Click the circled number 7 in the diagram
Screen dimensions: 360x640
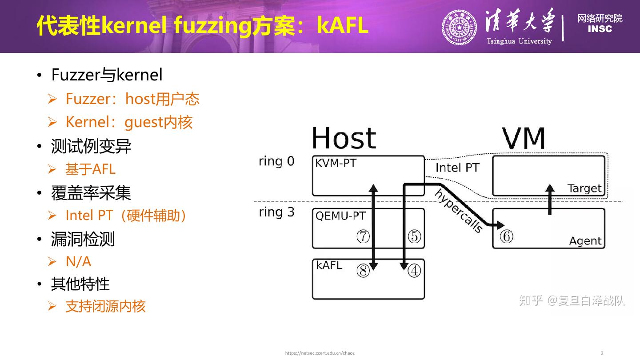(x=363, y=236)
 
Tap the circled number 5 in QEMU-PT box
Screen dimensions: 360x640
(x=414, y=236)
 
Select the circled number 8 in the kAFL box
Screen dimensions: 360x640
(x=363, y=271)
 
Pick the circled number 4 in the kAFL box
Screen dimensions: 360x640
(x=414, y=271)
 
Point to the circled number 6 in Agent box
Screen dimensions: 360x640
(x=506, y=236)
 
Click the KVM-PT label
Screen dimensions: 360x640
(x=336, y=163)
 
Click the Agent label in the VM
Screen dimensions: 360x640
(x=585, y=241)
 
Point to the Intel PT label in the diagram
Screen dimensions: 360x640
(x=457, y=168)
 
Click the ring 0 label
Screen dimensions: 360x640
(x=276, y=161)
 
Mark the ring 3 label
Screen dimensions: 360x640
(x=276, y=212)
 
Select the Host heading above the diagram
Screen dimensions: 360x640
(x=344, y=138)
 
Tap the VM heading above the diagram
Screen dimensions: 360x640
(x=523, y=138)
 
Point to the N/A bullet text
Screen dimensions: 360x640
(x=78, y=262)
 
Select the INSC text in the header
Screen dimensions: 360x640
(x=600, y=29)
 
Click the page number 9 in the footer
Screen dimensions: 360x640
(x=602, y=353)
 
